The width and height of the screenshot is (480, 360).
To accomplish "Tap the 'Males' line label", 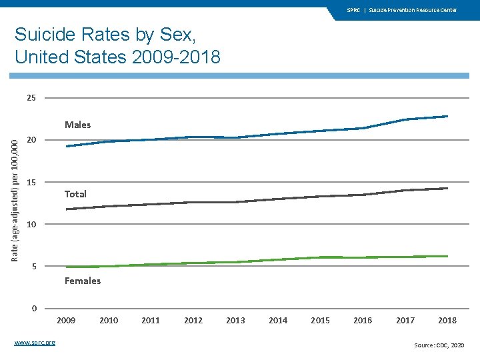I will pos(77,125).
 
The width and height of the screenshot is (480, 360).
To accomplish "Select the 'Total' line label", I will pos(75,194).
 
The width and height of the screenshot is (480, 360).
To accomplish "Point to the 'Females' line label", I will pos(83,281).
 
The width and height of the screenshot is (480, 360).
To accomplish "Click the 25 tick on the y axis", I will pos(31,98).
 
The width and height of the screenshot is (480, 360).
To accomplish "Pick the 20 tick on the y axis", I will pos(31,140).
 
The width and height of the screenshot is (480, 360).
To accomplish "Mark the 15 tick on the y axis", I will pos(31,183).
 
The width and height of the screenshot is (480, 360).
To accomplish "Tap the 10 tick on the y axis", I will pos(31,224).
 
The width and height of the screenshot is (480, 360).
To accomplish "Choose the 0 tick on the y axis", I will pos(34,308).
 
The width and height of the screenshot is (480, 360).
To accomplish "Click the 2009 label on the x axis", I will pos(66,321).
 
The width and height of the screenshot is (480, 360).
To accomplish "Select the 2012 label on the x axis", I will pos(193,321).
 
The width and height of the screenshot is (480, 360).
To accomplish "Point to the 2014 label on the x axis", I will pos(278,321).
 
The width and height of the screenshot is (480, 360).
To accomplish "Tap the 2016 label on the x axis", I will pos(363,321).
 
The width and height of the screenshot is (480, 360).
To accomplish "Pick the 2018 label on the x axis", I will pos(447,321).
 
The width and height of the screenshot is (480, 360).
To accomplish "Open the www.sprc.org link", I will pos(35,343).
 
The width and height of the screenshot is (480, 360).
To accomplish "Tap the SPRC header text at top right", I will pos(402,10).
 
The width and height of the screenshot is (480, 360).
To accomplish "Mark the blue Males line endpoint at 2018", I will pos(447,116).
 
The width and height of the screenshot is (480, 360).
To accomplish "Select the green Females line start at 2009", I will pos(67,267).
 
